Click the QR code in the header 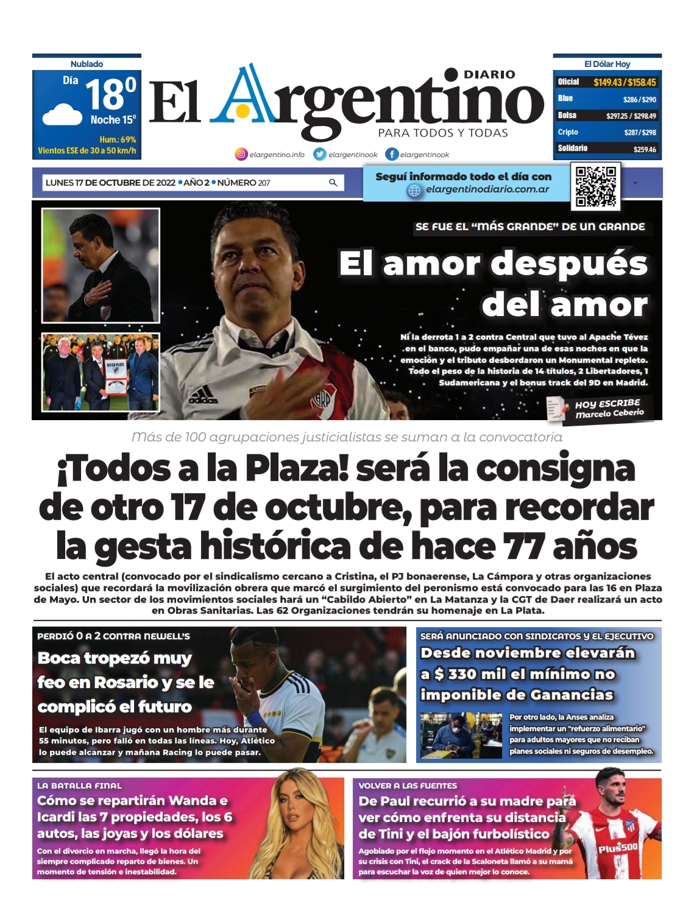tap(596, 186)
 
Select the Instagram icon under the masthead tap(241, 155)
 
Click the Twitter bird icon tap(320, 155)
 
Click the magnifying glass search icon tap(333, 183)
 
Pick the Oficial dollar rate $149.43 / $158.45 tap(624, 82)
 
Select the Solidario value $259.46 tap(644, 149)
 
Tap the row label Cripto tap(568, 132)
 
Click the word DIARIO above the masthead tap(489, 74)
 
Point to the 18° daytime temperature tap(110, 94)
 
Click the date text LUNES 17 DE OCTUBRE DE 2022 tap(110, 183)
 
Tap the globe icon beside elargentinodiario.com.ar tap(414, 191)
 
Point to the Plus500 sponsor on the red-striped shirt tap(617, 848)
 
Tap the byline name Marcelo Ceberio tap(609, 413)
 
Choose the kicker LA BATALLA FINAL tap(79, 785)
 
